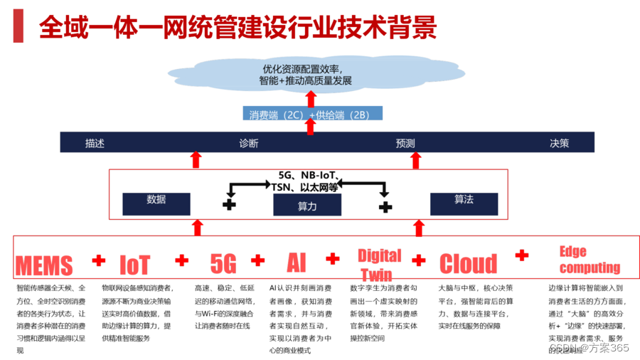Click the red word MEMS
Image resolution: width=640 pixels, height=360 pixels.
[44, 265]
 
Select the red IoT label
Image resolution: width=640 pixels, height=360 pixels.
[134, 265]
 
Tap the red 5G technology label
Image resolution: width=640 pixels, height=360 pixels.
[223, 264]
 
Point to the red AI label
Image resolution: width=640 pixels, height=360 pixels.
[297, 263]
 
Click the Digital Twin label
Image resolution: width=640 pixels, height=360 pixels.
[379, 265]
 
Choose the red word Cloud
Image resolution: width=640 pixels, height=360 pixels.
[468, 264]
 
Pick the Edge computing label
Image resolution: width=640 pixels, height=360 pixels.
[589, 260]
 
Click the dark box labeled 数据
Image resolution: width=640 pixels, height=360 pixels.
[156, 203]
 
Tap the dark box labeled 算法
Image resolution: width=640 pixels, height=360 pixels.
[464, 203]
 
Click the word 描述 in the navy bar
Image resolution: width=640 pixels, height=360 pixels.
[95, 143]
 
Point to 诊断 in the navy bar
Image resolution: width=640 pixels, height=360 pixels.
[249, 143]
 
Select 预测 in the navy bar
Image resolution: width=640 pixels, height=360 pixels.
[405, 143]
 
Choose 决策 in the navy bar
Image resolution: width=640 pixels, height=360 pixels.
[560, 143]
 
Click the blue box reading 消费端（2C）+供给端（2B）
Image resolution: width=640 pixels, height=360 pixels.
[312, 114]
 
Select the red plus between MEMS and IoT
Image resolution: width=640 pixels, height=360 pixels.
[99, 260]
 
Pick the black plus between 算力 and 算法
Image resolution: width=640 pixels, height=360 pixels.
[385, 206]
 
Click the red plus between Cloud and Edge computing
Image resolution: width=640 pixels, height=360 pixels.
[522, 255]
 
